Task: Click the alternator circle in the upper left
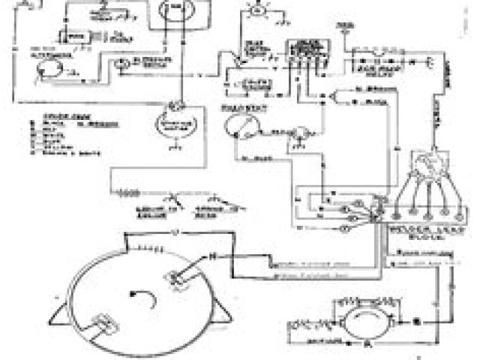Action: pyautogui.click(x=46, y=70)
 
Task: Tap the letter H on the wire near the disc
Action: pyautogui.click(x=211, y=256)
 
